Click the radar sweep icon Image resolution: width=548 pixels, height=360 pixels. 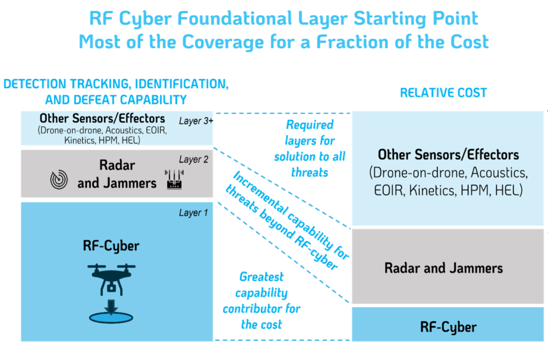[x=59, y=180]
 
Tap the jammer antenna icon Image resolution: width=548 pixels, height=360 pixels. [x=174, y=180]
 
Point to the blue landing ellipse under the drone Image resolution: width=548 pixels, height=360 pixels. [x=111, y=317]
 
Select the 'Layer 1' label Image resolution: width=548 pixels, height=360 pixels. [x=193, y=213]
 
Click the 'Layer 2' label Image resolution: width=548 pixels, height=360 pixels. [x=194, y=159]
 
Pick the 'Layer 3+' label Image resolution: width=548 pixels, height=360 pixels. [x=196, y=121]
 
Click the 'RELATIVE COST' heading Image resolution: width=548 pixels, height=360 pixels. [x=443, y=93]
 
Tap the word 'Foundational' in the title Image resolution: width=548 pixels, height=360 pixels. [x=234, y=18]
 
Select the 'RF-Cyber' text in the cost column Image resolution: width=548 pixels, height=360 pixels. [x=448, y=327]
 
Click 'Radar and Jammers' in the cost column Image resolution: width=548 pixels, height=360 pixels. [x=444, y=268]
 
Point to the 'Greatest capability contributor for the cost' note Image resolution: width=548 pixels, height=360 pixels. [x=261, y=301]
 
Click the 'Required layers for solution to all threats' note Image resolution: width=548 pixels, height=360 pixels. [x=310, y=148]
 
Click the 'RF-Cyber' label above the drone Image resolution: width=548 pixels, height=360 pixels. [x=111, y=246]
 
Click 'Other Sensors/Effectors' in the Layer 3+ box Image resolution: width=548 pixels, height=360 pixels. [x=102, y=118]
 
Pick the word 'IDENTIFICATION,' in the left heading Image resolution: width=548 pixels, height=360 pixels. [x=182, y=84]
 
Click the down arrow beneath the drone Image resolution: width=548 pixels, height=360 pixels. [x=111, y=307]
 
